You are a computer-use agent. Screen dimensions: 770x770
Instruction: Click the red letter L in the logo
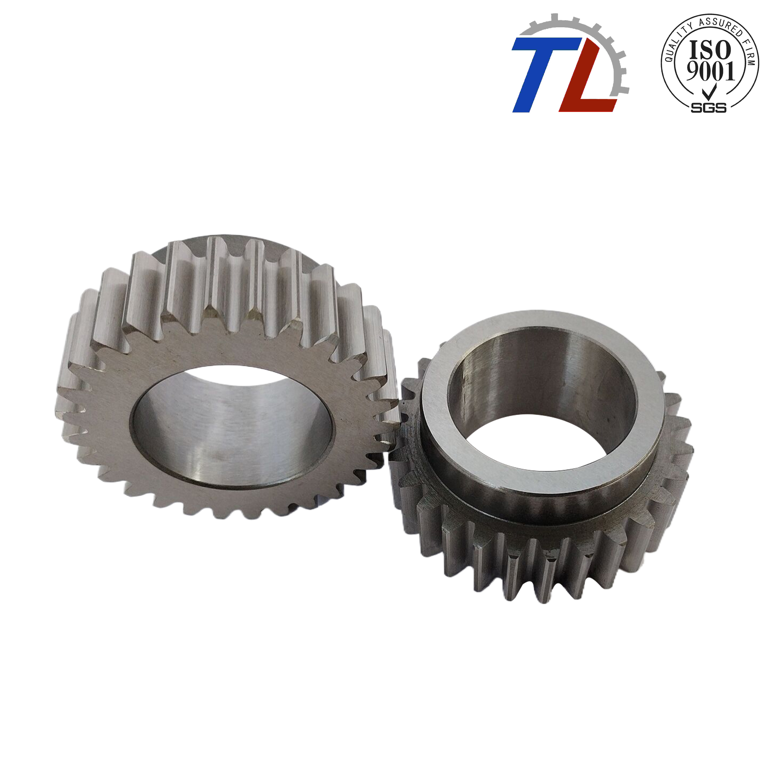point(586,80)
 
